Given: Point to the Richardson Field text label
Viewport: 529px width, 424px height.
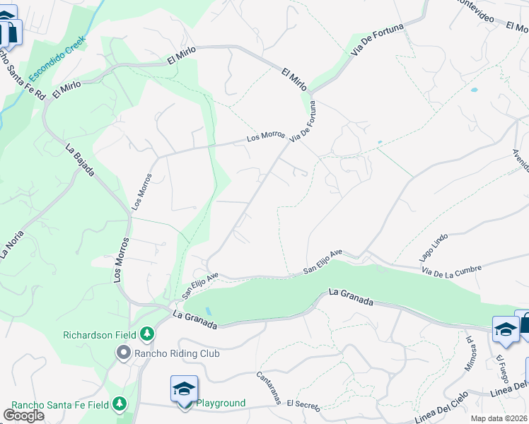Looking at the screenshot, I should [100, 334].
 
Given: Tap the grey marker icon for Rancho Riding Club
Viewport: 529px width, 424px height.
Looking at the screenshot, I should [124, 352].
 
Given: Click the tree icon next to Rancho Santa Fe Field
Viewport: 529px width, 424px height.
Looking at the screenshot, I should [120, 404].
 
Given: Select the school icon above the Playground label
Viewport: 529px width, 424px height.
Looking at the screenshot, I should [184, 389].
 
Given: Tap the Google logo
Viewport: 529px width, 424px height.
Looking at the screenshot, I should [23, 416].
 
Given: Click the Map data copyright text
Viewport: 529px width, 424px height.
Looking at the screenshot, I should [499, 418].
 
